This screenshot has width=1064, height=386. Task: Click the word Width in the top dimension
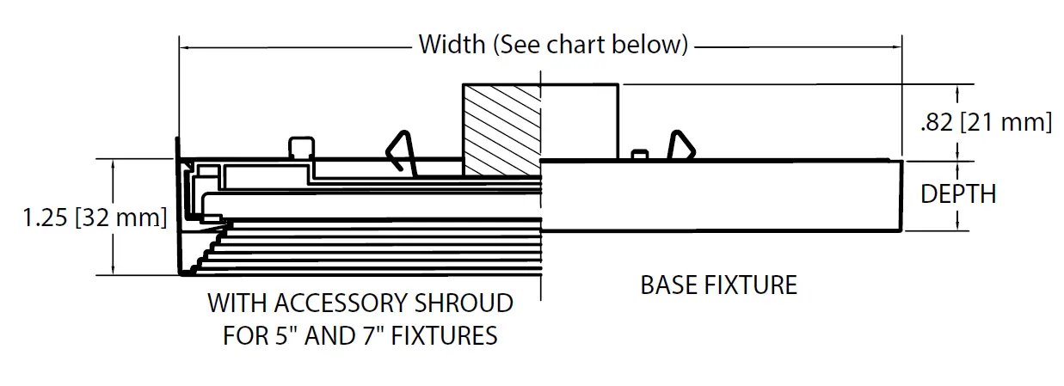click(x=452, y=45)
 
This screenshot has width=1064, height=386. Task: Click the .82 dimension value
click(x=936, y=122)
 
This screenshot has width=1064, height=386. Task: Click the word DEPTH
click(x=958, y=194)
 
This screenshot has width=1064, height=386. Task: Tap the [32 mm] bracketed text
click(x=121, y=218)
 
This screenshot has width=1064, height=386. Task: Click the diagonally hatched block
click(x=501, y=129)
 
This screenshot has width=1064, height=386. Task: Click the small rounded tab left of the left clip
click(x=301, y=147)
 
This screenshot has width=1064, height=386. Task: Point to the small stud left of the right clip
click(x=638, y=155)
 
